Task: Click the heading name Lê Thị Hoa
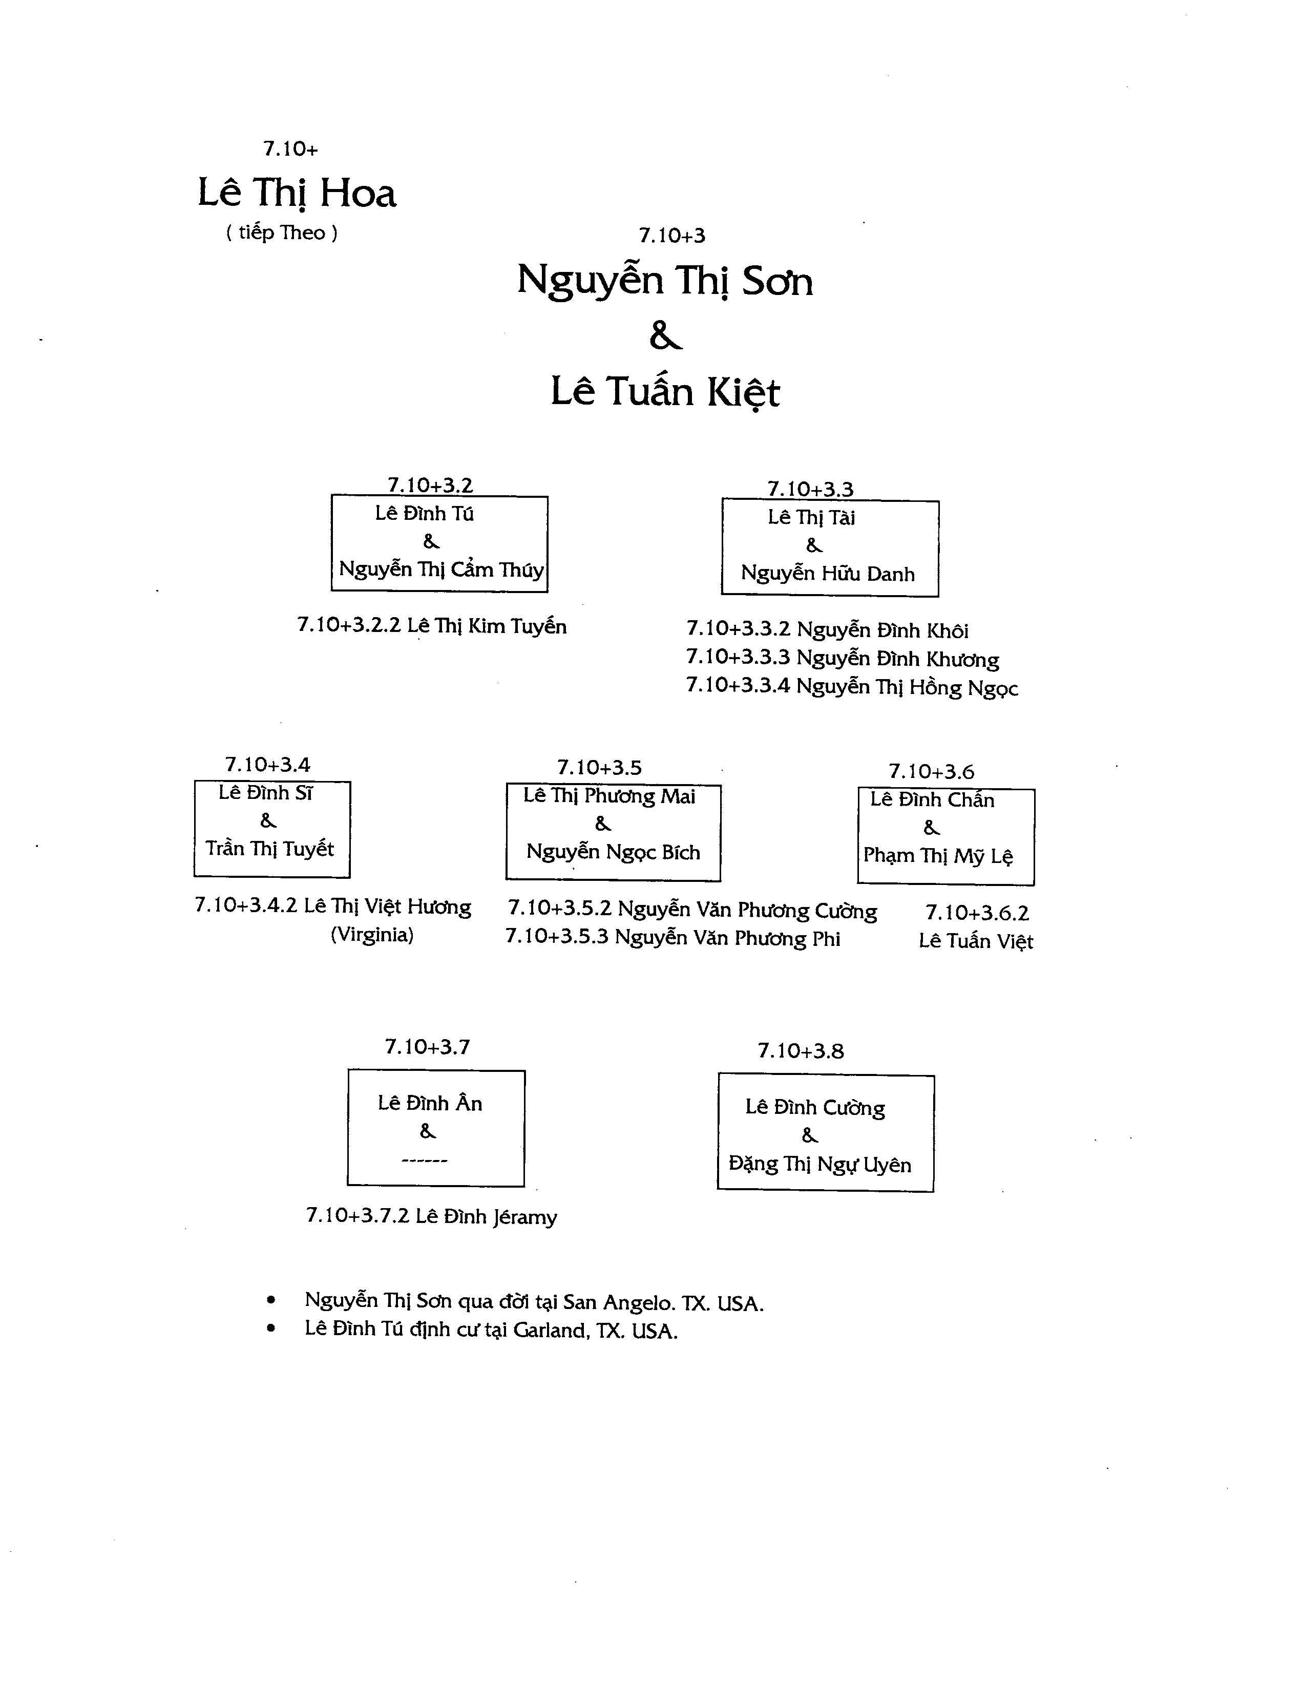click(297, 193)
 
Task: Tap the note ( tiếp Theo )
click(281, 233)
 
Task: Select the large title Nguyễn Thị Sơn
click(665, 281)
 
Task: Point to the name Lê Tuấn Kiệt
click(665, 391)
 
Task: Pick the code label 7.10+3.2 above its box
click(430, 486)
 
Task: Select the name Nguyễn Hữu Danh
click(828, 574)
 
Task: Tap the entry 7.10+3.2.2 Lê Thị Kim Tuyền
click(432, 626)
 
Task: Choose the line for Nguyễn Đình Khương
click(843, 659)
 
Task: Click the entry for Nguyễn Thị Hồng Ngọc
click(852, 687)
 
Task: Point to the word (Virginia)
click(372, 935)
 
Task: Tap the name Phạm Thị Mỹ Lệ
click(937, 856)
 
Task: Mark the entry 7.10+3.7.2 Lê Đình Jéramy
click(431, 1216)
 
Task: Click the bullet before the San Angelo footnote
click(270, 1301)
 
